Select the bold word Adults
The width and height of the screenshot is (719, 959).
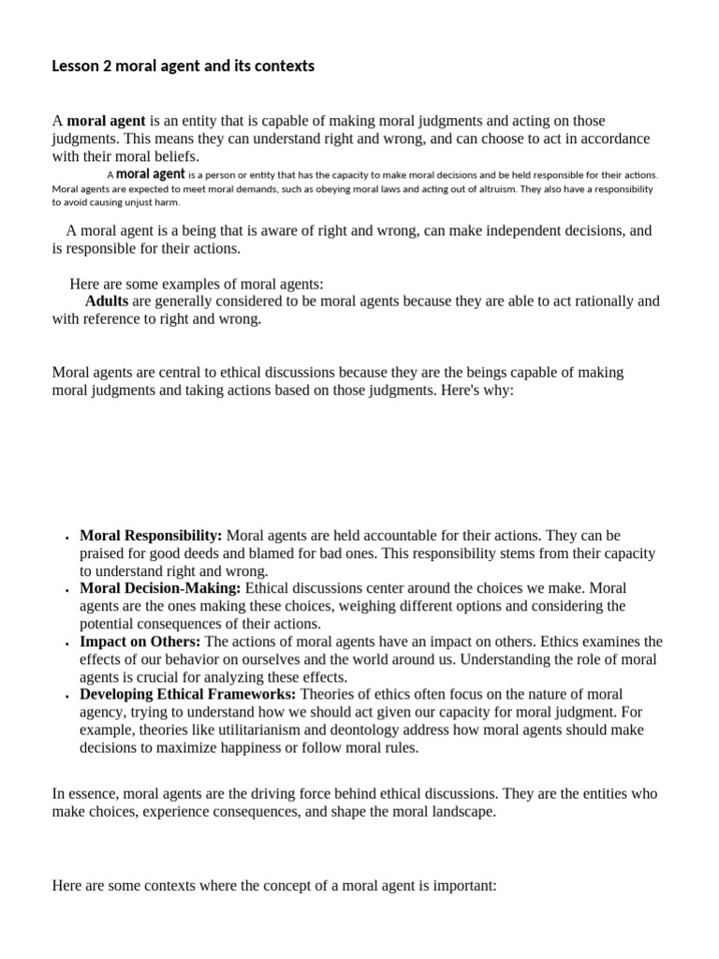[x=107, y=302]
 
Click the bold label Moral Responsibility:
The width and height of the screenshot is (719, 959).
[x=151, y=536]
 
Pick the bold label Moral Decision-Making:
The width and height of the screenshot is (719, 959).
[x=160, y=588]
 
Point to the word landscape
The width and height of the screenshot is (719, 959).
[x=458, y=812]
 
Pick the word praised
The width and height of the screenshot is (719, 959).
[x=104, y=553]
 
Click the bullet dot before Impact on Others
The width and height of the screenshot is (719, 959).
[x=66, y=644]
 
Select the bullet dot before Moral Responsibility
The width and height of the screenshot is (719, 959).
[x=66, y=539]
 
